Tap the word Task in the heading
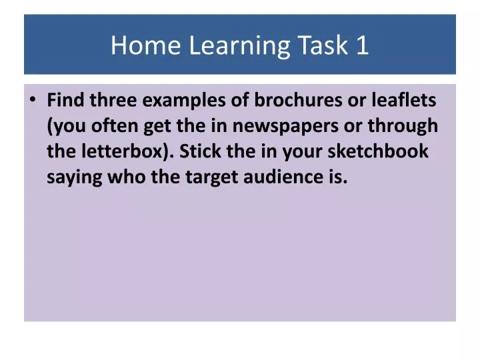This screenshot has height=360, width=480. (319, 45)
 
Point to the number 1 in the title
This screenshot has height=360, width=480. (362, 45)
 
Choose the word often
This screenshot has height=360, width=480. (117, 126)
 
